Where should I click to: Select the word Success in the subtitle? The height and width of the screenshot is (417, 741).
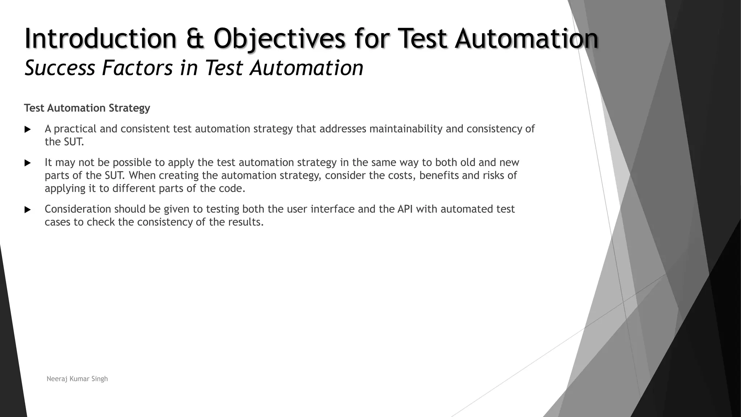click(60, 68)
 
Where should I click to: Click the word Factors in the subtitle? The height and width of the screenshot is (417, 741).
click(137, 68)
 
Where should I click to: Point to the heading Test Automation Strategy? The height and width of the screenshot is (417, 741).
click(87, 108)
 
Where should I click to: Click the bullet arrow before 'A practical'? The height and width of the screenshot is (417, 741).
click(27, 129)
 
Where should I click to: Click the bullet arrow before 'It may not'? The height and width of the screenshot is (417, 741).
click(27, 163)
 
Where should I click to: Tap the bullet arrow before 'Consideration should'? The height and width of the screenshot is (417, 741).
click(27, 210)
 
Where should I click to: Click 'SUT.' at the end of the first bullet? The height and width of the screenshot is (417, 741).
click(74, 142)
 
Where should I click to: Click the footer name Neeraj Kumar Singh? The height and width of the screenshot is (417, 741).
click(77, 379)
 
